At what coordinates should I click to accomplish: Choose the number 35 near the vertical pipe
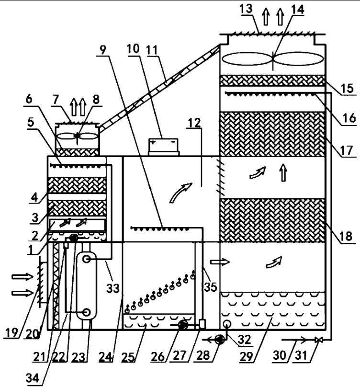210,286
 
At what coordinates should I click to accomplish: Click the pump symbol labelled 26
182,325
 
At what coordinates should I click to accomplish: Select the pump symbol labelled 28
219,339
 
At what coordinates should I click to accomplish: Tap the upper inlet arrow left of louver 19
20,276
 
